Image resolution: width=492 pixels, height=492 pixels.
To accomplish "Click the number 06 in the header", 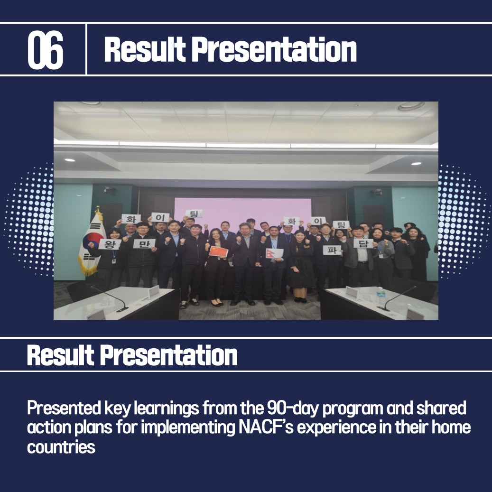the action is pos(46,50).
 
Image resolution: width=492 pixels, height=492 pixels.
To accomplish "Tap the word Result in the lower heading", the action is pos(61,355).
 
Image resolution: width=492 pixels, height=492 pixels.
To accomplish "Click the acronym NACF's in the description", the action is pos(266,427).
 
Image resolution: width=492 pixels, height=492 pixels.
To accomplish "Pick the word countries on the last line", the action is pos(61,447).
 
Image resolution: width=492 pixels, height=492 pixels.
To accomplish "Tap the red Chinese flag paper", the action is pos(218,251).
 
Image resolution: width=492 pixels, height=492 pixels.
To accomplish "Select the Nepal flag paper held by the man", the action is pos(275,253).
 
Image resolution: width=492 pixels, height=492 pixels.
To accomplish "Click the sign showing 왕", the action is pos(110,244).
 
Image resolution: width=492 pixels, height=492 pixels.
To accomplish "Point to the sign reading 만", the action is pos(144,243).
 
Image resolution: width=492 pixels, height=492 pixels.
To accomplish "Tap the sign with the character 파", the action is pos(332,250).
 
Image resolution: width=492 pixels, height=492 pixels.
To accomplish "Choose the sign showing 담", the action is pos(363,243).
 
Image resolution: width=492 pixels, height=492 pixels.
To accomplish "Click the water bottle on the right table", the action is pos(381,296).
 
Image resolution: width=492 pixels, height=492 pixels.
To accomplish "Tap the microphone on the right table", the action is pos(397,298).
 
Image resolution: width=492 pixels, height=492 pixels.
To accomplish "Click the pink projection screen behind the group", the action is pos(242,211).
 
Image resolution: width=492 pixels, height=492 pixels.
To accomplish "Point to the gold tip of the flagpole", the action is pos(98,209).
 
